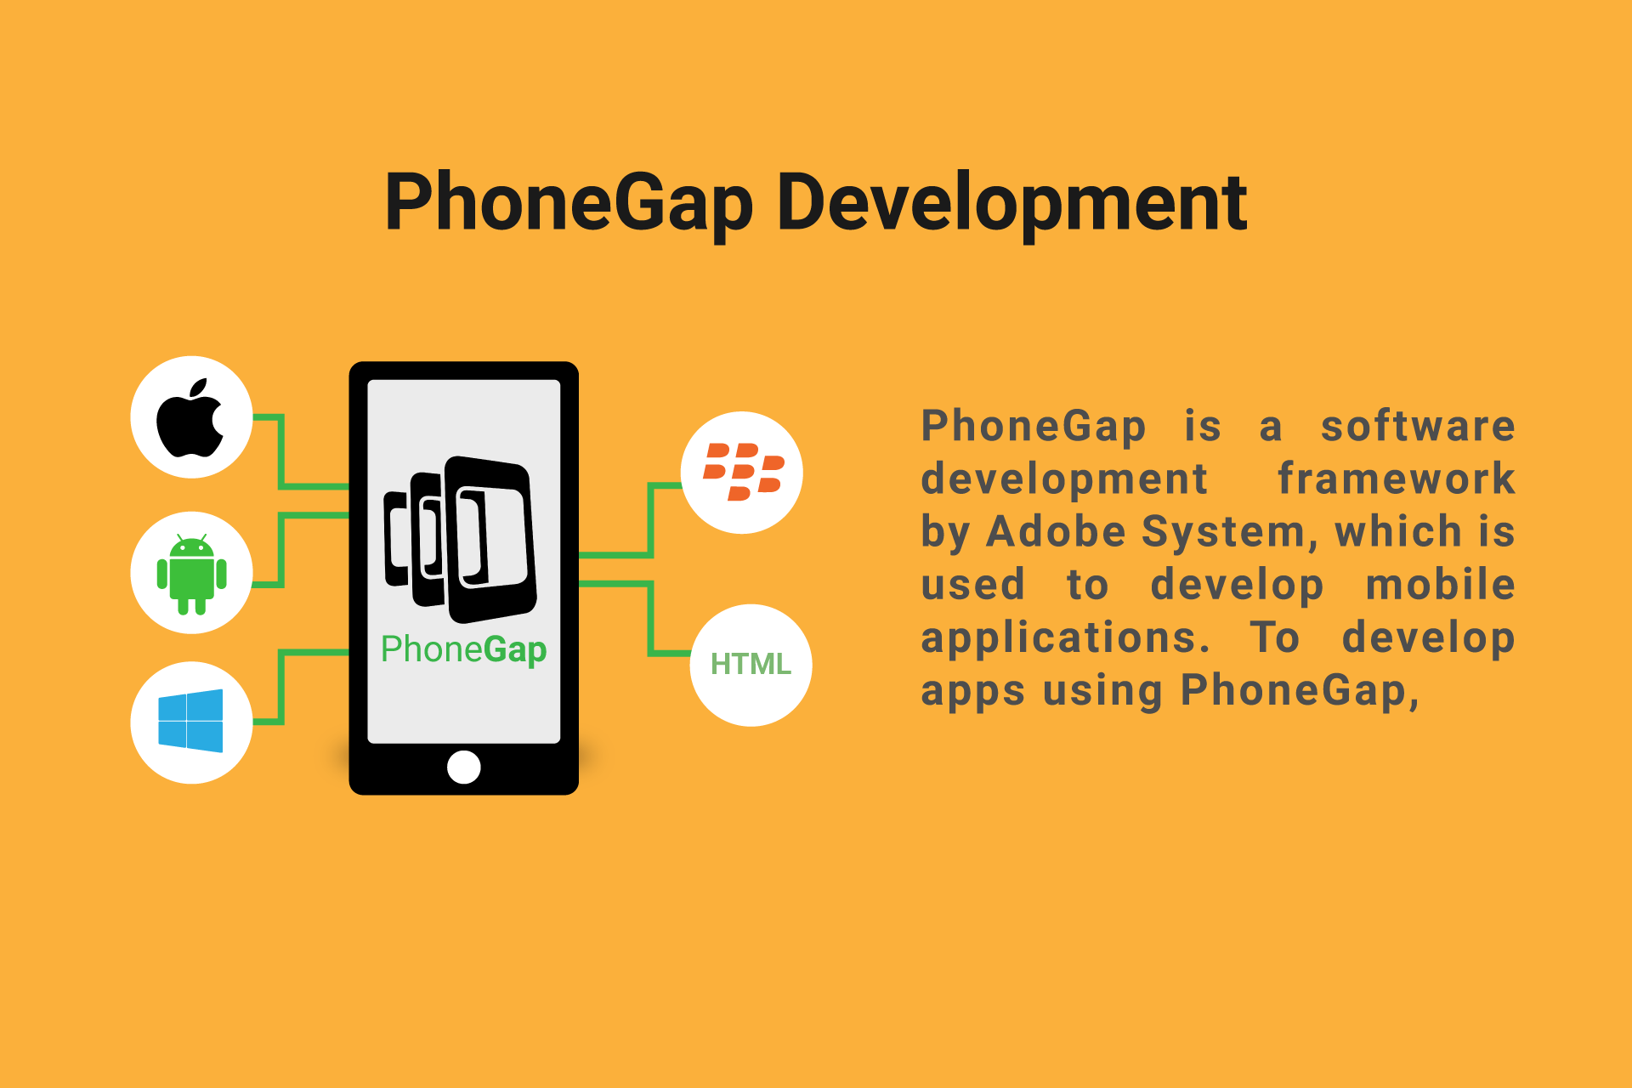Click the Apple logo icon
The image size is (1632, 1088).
point(190,417)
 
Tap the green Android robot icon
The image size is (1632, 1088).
point(192,575)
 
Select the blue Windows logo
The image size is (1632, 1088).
point(190,721)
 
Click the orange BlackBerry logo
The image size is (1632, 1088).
point(743,472)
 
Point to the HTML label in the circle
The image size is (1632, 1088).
point(751,664)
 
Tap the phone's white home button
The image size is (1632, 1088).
point(464,767)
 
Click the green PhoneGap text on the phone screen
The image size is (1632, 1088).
point(464,650)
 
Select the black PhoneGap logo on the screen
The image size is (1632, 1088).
point(460,540)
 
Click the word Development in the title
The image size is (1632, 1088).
point(1011,204)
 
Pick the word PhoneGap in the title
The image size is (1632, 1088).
point(569,204)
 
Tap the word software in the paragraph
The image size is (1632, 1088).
point(1418,426)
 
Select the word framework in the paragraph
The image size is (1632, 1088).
point(1397,479)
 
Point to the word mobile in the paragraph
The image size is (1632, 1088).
point(1441,585)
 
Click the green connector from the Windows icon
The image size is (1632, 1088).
point(301,687)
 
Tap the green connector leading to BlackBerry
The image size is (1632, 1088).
point(631,520)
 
